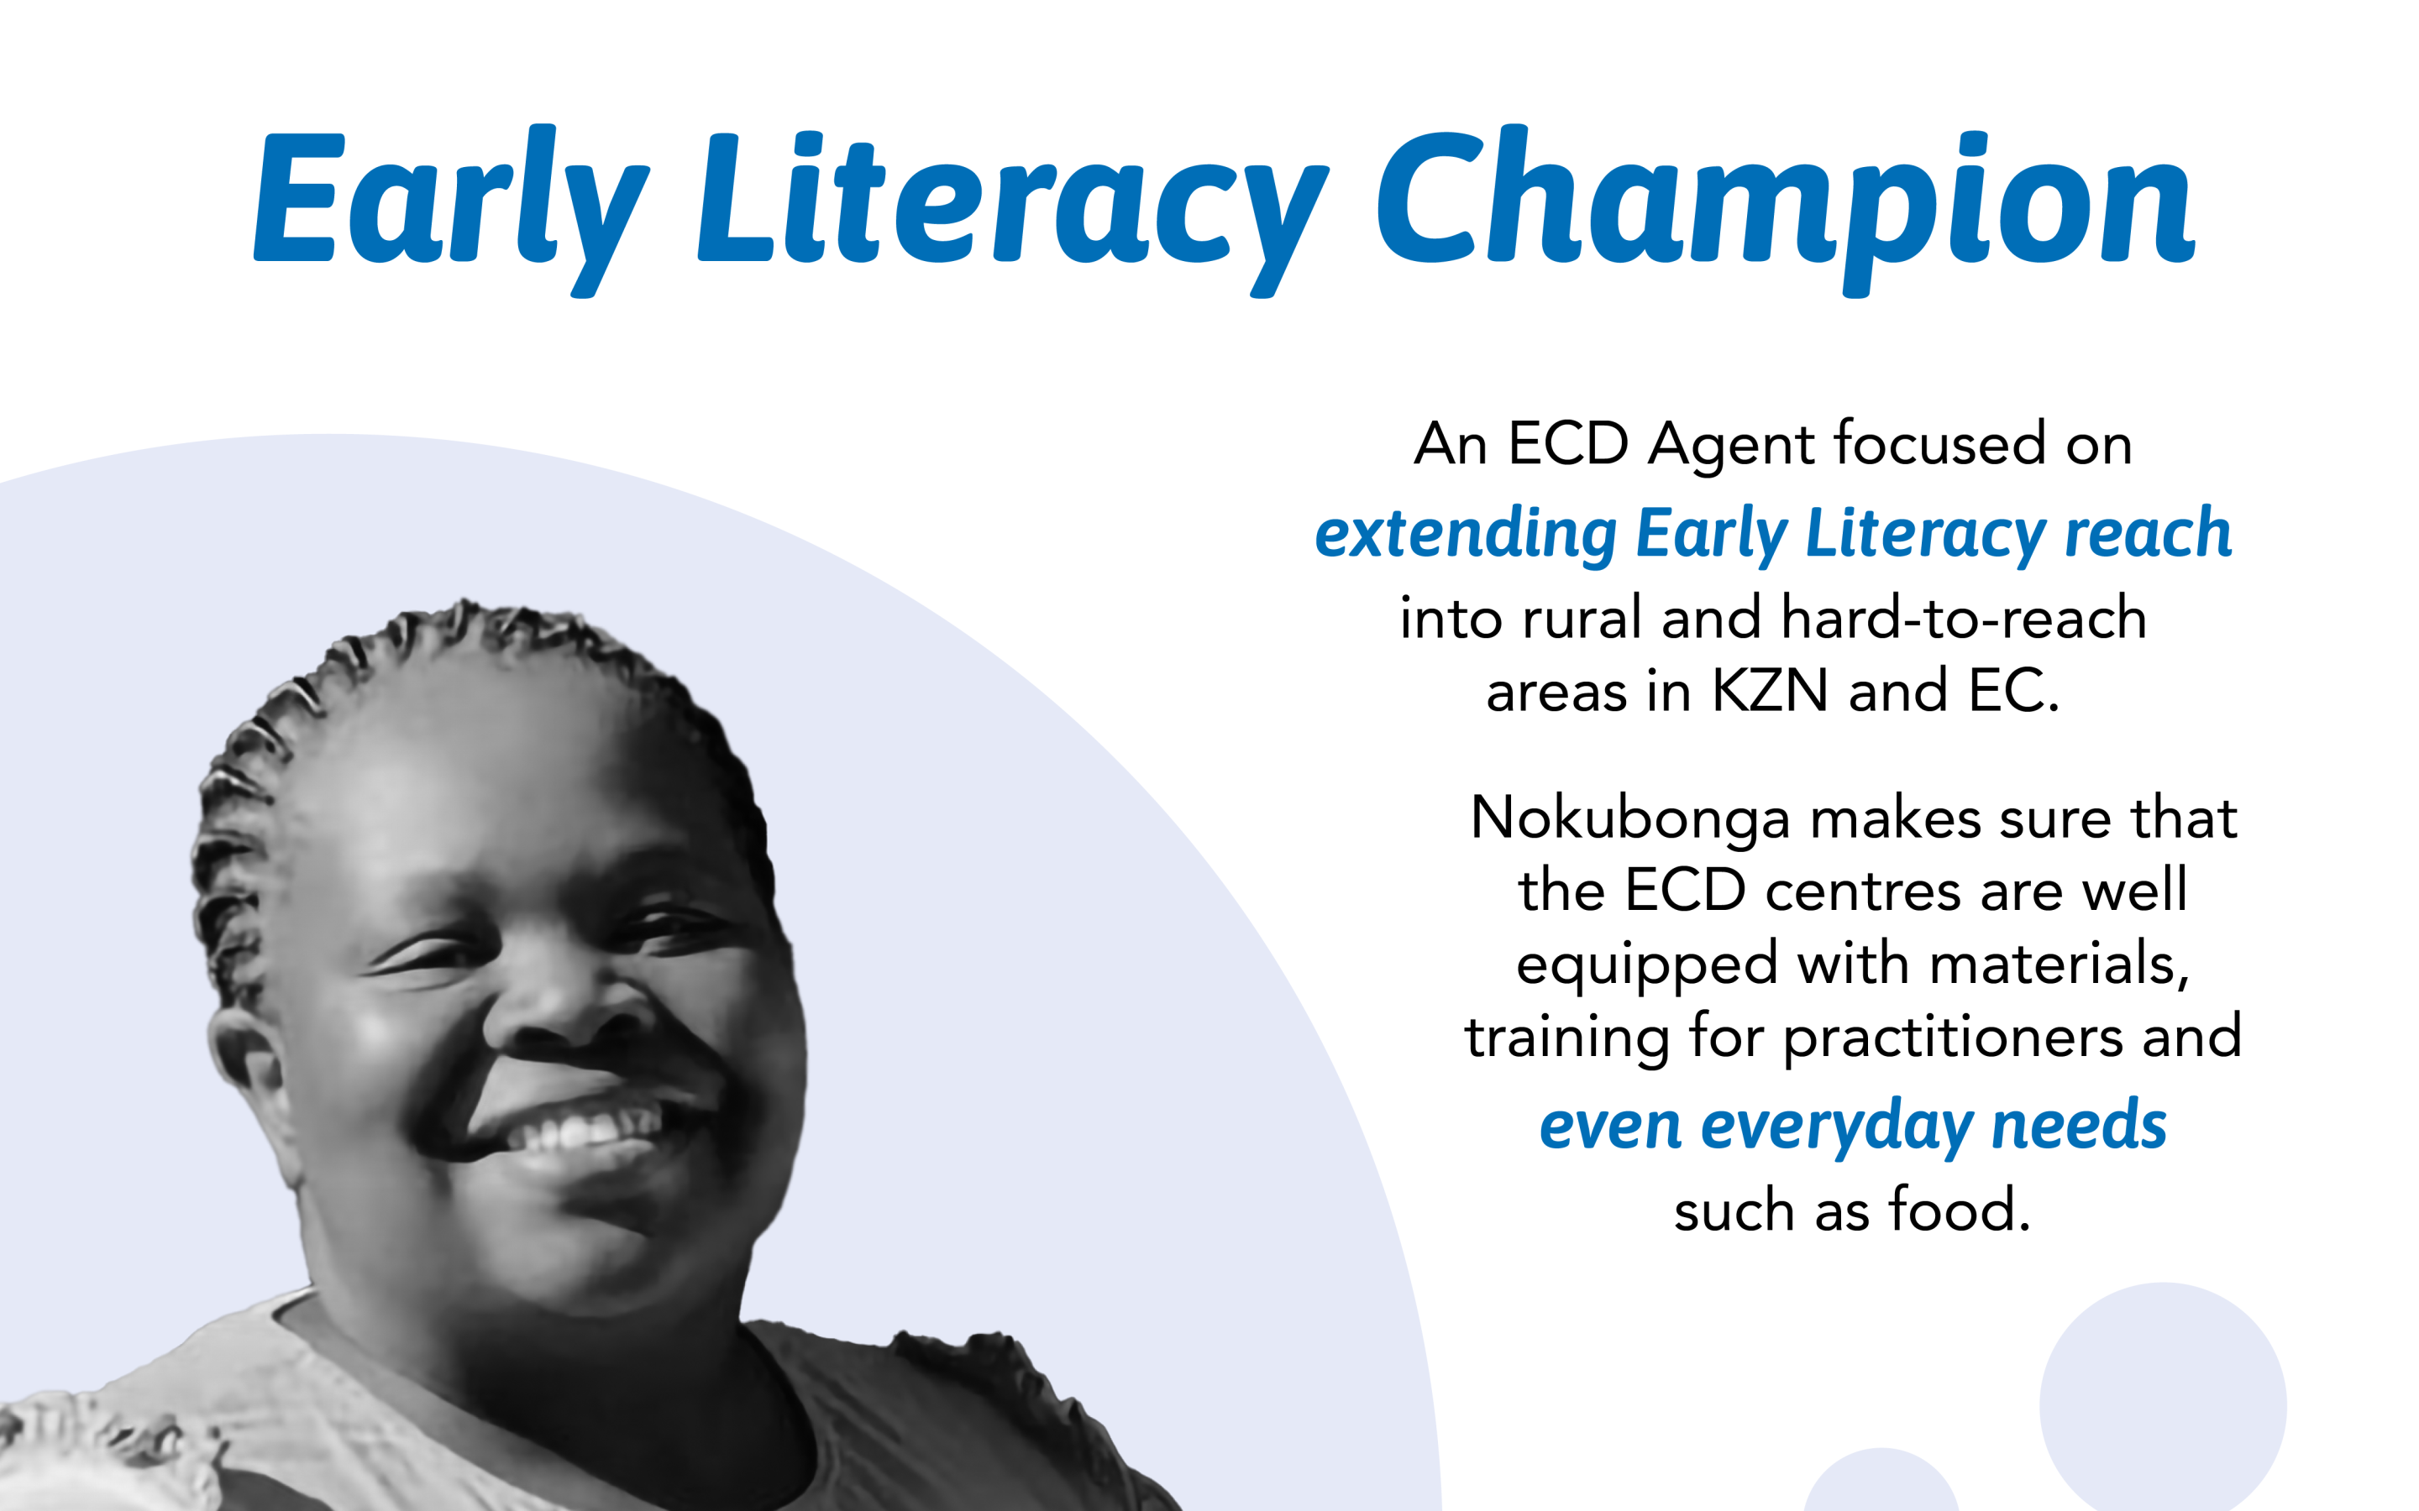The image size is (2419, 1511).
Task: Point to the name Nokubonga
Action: coord(1630,819)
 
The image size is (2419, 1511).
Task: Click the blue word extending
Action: coord(1466,535)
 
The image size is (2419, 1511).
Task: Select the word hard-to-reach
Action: coord(1965,618)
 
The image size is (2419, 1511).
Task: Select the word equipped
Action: coord(1646,966)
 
